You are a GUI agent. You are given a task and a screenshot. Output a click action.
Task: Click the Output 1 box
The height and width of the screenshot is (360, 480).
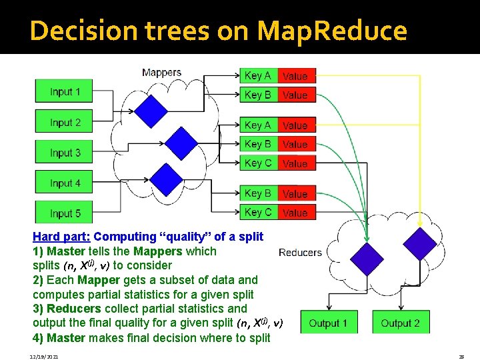(328, 323)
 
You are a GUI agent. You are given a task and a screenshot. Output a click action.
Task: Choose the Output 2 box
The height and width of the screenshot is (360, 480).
(400, 323)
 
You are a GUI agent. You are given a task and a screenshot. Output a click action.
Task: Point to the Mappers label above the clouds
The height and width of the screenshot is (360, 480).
(161, 72)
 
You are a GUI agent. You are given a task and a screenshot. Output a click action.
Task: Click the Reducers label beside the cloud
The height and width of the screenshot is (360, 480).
(300, 253)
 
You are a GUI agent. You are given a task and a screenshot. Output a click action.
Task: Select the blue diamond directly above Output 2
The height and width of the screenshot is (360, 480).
(420, 244)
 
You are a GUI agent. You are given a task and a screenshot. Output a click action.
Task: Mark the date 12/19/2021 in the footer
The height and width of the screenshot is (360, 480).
(45, 357)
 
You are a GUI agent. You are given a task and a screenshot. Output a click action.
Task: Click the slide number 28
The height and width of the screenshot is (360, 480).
(461, 357)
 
